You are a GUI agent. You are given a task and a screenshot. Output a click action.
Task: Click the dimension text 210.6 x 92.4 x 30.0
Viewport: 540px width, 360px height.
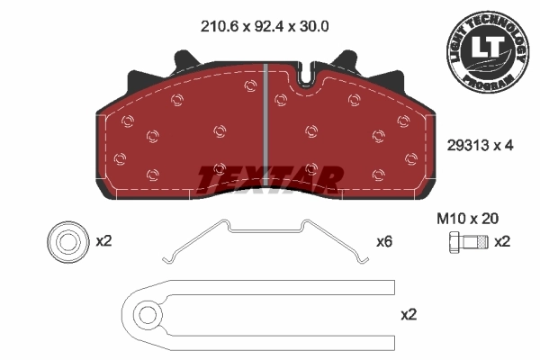[263, 27]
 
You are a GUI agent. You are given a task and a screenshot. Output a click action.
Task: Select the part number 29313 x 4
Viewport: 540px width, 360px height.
[479, 146]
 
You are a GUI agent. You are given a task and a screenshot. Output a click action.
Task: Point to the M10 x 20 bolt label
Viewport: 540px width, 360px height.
[468, 218]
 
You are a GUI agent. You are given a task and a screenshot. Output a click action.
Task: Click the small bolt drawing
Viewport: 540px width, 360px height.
[465, 241]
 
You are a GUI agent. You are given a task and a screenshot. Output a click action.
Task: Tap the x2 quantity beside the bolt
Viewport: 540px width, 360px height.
[502, 241]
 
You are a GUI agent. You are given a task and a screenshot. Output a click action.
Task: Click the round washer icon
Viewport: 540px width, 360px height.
[66, 241]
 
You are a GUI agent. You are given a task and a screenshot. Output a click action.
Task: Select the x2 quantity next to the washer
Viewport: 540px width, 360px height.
[104, 241]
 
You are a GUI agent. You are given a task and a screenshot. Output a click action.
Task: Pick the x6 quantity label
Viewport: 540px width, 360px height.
[384, 241]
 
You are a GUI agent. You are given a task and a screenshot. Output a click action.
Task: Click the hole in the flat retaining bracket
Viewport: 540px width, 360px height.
[145, 314]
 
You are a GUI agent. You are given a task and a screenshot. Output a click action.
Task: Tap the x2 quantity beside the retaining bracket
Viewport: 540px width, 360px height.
[409, 314]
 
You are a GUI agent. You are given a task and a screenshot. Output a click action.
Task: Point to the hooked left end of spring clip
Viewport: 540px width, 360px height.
[171, 258]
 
